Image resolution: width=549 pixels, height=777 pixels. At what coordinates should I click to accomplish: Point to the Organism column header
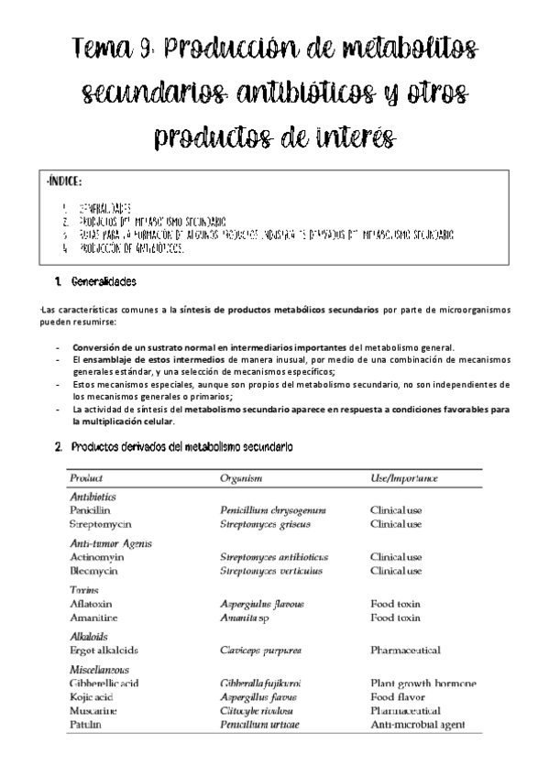(241, 477)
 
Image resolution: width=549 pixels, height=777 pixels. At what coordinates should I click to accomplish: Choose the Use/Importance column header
(404, 477)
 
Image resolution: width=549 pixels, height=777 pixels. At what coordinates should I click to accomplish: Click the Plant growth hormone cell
(423, 684)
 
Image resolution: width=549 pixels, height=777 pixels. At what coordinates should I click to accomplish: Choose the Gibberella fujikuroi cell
(261, 684)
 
